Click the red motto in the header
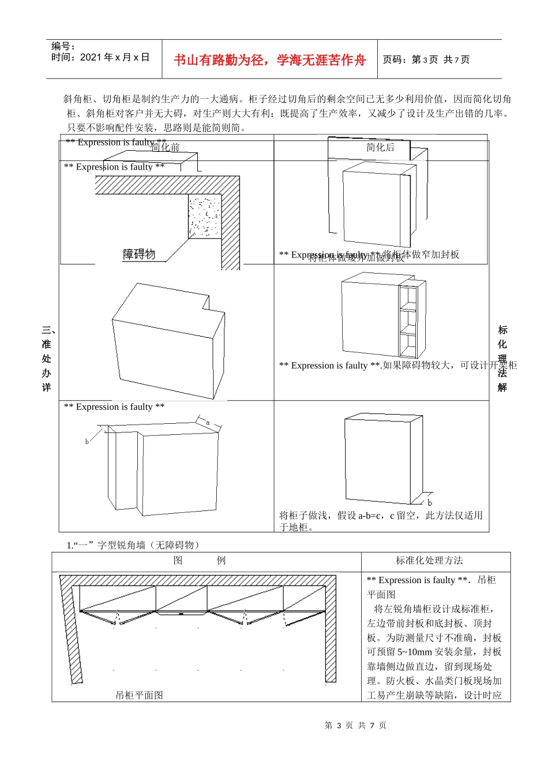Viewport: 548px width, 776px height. (x=269, y=60)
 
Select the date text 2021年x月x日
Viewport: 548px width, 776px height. (x=114, y=57)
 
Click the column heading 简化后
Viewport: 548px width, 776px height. (x=380, y=147)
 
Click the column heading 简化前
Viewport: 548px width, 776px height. (x=166, y=148)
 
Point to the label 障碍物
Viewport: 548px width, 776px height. (x=139, y=254)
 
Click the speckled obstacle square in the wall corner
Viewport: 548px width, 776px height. (x=205, y=217)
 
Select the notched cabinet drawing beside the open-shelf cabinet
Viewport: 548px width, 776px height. (x=167, y=341)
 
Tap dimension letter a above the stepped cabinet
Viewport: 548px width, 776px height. (x=208, y=423)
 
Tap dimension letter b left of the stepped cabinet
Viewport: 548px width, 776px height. (x=87, y=442)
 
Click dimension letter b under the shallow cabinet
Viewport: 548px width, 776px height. (x=430, y=503)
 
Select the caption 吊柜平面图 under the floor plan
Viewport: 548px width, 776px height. (x=139, y=695)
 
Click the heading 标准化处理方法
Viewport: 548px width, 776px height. (x=429, y=560)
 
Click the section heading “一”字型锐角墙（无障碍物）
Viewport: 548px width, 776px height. (x=135, y=545)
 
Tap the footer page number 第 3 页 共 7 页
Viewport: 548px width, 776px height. (x=355, y=725)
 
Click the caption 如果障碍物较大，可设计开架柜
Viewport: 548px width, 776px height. (x=450, y=365)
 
